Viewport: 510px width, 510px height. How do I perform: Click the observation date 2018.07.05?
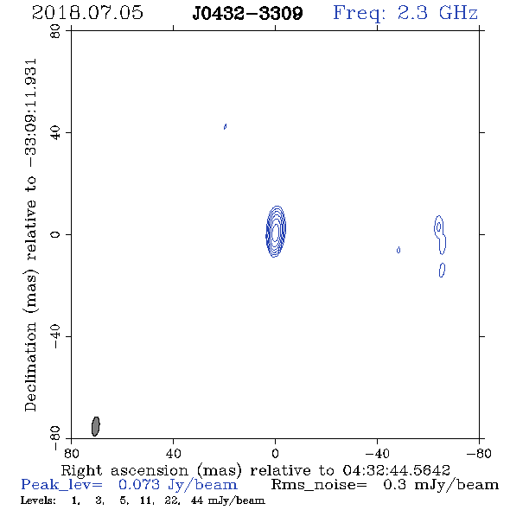[x=87, y=13]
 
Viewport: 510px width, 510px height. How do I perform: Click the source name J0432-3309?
[x=247, y=13]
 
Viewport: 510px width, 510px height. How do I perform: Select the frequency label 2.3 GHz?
[x=437, y=13]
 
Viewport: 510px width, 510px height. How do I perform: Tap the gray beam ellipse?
[x=96, y=426]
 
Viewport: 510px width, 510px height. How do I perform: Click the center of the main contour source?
[x=276, y=232]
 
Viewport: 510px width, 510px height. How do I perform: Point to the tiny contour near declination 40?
[x=225, y=126]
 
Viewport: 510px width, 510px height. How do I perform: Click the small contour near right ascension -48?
[x=398, y=250]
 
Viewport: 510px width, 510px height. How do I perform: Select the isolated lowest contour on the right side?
[x=442, y=270]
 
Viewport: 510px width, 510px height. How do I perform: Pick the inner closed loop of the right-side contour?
[x=439, y=226]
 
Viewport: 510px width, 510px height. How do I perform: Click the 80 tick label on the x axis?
[x=71, y=454]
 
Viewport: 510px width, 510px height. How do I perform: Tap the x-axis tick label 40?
[x=173, y=454]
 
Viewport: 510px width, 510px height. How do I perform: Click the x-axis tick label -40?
[x=377, y=454]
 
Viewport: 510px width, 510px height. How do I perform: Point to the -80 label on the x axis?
[x=479, y=454]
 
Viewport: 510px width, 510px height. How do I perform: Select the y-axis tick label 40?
[x=55, y=133]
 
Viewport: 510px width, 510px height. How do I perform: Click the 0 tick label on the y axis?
[x=55, y=234]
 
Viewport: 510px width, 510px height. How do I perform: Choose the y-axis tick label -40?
[x=55, y=336]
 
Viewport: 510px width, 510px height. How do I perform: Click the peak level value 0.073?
[x=139, y=485]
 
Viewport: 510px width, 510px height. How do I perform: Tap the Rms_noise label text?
[x=319, y=485]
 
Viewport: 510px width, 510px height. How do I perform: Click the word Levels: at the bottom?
[x=38, y=500]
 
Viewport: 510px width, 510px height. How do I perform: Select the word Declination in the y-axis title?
[x=30, y=367]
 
